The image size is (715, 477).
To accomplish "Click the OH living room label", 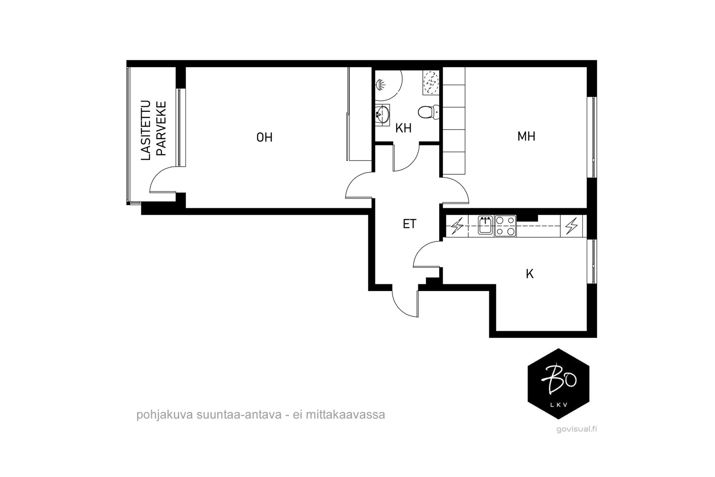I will (264, 137).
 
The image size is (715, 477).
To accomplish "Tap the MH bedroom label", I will (526, 136).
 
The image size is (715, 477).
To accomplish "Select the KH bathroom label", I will (403, 128).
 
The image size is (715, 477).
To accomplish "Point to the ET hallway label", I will (409, 224).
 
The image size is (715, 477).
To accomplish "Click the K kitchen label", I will (530, 274).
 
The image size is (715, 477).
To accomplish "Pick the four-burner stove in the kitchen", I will (505, 226).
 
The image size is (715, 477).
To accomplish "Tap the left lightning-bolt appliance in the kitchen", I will (457, 226).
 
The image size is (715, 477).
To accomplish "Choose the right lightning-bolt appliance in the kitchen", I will (572, 226).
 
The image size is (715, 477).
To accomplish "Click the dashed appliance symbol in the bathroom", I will (431, 83).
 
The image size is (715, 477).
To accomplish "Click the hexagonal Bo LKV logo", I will (558, 384).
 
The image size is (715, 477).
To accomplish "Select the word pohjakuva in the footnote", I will (158, 414).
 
